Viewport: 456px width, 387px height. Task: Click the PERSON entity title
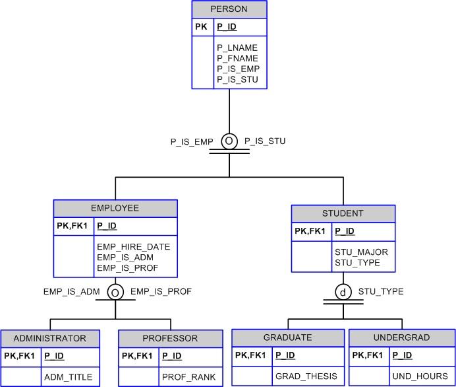[229, 9]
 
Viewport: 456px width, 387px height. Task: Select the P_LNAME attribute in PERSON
[237, 48]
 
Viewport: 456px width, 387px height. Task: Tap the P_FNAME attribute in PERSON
[237, 58]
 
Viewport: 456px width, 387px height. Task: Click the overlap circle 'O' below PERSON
[229, 141]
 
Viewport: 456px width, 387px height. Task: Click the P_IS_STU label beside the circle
[265, 141]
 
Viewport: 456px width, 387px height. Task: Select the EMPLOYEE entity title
[115, 207]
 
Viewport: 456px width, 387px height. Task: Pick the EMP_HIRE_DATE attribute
[133, 247]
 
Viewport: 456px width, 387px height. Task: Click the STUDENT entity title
[343, 213]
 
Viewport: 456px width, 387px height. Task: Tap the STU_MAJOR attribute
[360, 252]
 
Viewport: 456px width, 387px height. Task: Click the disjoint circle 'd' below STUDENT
[343, 291]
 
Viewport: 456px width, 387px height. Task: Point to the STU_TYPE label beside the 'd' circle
[381, 291]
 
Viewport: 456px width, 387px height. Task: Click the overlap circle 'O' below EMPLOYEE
[115, 291]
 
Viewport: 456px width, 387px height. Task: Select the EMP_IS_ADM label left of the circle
[71, 291]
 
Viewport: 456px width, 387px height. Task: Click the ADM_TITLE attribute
[68, 377]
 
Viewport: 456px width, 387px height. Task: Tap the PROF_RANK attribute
[188, 377]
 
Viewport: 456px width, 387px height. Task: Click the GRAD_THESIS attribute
[306, 377]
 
